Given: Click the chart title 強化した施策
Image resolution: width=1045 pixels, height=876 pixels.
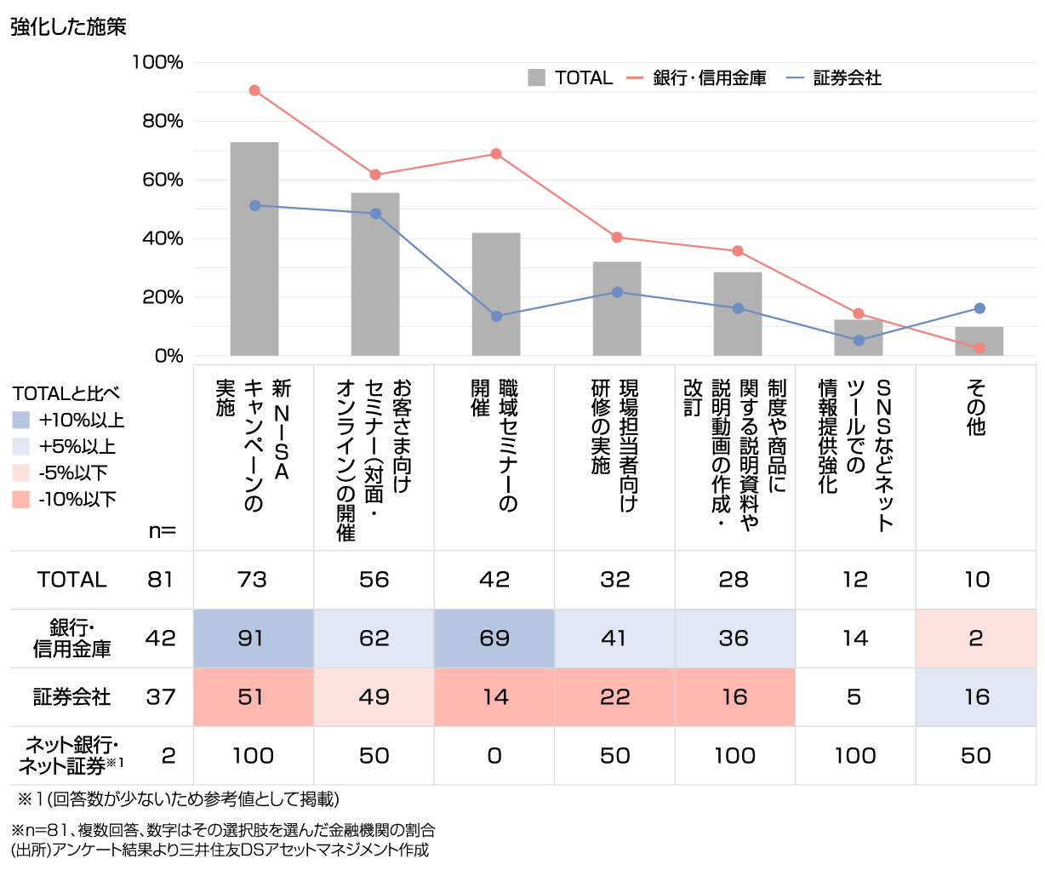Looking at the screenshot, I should point(68,27).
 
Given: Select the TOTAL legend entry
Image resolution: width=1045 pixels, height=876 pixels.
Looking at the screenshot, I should point(570,78).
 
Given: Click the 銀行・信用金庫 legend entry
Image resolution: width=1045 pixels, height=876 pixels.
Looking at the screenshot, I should point(697,78).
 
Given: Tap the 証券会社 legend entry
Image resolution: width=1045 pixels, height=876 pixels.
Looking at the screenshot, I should point(834,78).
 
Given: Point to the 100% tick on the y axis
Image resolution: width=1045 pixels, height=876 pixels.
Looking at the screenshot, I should point(157,62).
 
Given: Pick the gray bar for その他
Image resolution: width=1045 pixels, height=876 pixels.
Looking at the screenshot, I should point(979,341).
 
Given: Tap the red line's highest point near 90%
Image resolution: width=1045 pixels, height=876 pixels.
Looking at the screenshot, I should point(254,90).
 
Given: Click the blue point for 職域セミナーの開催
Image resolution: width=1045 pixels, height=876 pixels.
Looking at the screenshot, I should point(496,317).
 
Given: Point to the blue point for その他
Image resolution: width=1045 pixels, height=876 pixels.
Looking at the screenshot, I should point(979,308).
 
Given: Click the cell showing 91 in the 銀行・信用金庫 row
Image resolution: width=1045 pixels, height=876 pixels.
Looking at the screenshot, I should point(252,638).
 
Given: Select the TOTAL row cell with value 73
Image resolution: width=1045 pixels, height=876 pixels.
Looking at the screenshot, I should point(252,580).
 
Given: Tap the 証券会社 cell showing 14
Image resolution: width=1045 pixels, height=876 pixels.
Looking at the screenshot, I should point(494,697).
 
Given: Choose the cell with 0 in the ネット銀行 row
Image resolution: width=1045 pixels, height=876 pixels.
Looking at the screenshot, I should point(494,756).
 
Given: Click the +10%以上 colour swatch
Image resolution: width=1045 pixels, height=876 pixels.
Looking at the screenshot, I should point(22,420).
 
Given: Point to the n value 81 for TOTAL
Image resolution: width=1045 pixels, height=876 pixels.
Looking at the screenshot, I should point(160,580).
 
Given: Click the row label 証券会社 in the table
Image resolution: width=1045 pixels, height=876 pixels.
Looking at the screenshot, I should point(72,697).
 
